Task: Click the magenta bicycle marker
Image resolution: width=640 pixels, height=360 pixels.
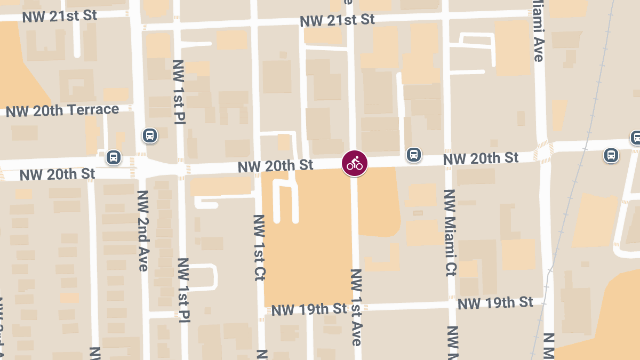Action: pyautogui.click(x=355, y=163)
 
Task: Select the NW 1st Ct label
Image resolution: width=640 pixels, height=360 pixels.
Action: pyautogui.click(x=259, y=247)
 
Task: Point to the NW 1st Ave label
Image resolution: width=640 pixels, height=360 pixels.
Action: pyautogui.click(x=357, y=307)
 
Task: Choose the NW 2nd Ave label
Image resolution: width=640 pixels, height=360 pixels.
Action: pyautogui.click(x=143, y=230)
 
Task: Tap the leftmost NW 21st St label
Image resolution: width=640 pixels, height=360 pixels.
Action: pyautogui.click(x=60, y=16)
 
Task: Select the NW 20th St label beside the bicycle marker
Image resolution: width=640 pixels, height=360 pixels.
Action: pyautogui.click(x=275, y=166)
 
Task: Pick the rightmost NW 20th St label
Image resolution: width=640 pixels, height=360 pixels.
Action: pyautogui.click(x=481, y=158)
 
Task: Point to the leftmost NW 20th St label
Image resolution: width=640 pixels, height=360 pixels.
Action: pyautogui.click(x=57, y=174)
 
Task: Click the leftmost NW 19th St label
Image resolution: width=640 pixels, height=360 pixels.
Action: pyautogui.click(x=309, y=309)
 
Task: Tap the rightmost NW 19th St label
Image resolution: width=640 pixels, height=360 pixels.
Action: pyautogui.click(x=495, y=303)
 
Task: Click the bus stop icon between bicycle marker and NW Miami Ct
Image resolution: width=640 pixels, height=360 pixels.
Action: pyautogui.click(x=413, y=155)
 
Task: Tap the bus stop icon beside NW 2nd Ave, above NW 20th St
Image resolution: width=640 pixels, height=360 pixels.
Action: pyautogui.click(x=150, y=135)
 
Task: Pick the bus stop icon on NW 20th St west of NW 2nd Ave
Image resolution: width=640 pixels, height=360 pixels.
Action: pyautogui.click(x=113, y=157)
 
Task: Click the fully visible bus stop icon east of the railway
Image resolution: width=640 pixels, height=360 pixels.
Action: pyautogui.click(x=611, y=155)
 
